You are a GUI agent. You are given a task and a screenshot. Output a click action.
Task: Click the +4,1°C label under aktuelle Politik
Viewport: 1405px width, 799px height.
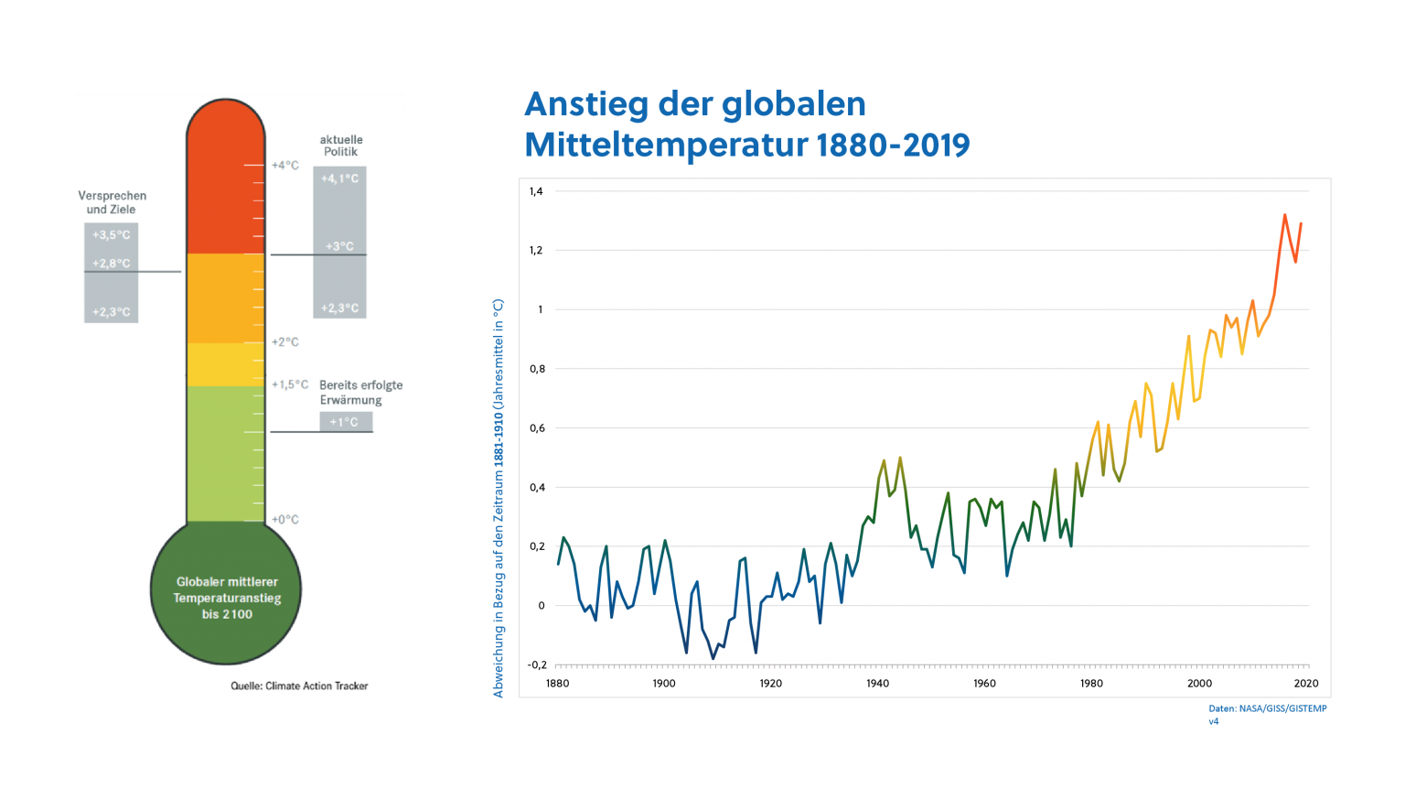(x=339, y=178)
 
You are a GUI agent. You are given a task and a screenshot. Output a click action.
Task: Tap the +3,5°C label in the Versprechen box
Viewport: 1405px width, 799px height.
(x=111, y=235)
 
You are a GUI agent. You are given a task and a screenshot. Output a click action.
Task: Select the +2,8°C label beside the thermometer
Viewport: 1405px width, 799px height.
(x=111, y=264)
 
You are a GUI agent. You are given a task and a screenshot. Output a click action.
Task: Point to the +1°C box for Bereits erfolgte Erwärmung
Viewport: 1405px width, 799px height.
(x=345, y=422)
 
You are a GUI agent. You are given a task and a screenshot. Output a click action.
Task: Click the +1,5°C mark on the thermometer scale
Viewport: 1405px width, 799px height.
(x=290, y=384)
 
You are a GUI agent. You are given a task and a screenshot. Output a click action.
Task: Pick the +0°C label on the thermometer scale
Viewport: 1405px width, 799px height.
(x=284, y=519)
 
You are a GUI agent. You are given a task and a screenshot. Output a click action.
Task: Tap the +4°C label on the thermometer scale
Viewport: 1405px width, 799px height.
(x=284, y=166)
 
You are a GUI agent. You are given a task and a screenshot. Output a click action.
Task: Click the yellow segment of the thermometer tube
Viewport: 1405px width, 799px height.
(x=225, y=364)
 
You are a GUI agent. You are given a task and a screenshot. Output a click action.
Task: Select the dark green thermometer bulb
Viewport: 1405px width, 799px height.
(x=225, y=595)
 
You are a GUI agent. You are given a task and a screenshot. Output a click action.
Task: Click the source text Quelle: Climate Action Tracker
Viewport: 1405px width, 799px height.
(x=299, y=686)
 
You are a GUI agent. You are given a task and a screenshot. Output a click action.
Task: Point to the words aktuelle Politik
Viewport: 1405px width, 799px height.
(x=340, y=146)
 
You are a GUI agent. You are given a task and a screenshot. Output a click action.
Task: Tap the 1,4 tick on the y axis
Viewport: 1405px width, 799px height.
(x=536, y=191)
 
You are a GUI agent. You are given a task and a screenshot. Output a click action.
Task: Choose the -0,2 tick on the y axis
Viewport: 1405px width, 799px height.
(x=537, y=664)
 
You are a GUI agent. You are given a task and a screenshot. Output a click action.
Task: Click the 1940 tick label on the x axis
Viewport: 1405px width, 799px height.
(x=877, y=683)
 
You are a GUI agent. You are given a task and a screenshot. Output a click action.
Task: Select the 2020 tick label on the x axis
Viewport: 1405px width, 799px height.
(x=1306, y=683)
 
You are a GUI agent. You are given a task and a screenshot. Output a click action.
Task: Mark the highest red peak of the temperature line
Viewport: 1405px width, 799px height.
(x=1284, y=215)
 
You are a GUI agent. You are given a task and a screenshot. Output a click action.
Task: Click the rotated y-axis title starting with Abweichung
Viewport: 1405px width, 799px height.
(x=499, y=499)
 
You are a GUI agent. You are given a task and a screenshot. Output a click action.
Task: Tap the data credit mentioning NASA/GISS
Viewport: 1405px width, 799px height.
(x=1267, y=708)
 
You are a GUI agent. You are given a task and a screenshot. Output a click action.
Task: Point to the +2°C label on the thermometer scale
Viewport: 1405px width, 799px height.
(x=284, y=342)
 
